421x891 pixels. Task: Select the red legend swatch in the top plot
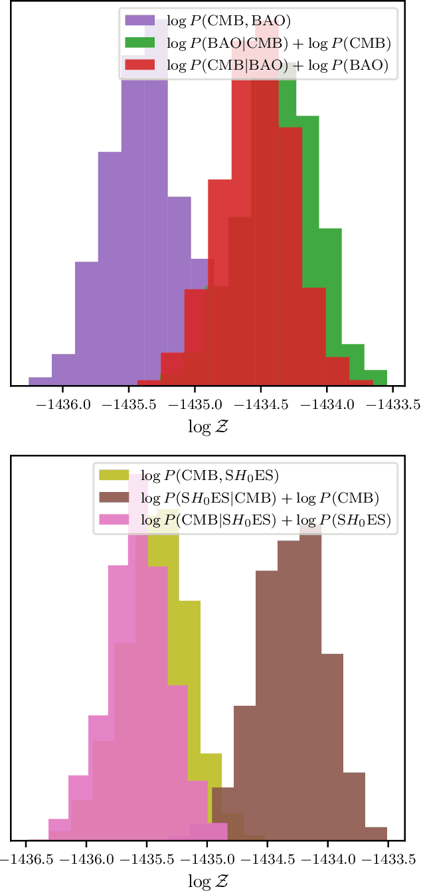click(x=141, y=65)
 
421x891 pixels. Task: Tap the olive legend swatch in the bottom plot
click(x=118, y=475)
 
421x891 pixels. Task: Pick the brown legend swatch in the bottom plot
click(x=118, y=498)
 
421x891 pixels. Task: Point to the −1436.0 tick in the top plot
click(x=62, y=403)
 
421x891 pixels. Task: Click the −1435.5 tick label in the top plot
click(x=128, y=403)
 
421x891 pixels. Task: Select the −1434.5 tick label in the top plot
click(x=260, y=403)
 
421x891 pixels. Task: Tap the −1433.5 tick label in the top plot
click(x=392, y=403)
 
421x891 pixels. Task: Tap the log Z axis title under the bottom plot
click(x=210, y=881)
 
